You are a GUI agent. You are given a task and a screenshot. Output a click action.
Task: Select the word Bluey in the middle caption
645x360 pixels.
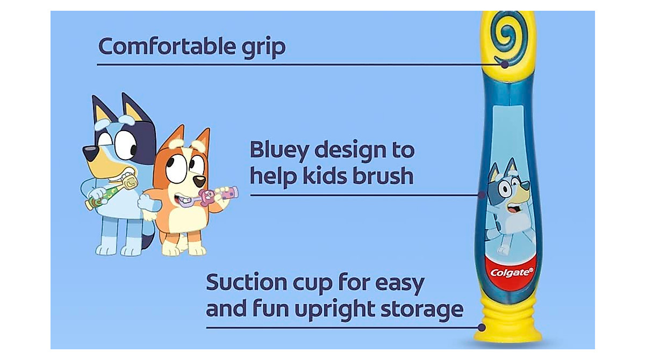point(278,151)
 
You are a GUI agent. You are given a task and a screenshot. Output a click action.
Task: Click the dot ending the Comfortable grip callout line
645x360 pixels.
point(505,64)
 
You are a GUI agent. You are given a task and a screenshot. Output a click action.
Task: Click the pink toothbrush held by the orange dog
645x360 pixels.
point(218,195)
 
